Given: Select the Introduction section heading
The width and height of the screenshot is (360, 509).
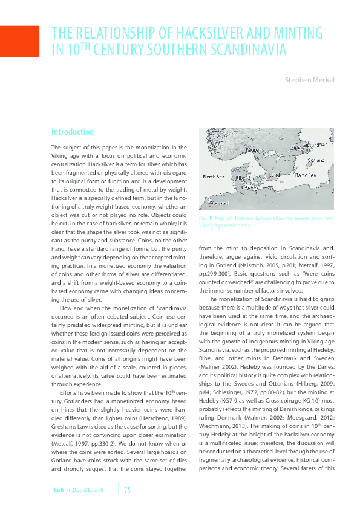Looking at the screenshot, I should [x=72, y=132].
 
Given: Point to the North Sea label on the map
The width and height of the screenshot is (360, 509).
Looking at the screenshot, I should [x=213, y=177].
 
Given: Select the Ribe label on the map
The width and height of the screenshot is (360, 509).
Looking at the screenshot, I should [x=241, y=178].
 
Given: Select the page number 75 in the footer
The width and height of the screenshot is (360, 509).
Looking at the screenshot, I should [x=127, y=489].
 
